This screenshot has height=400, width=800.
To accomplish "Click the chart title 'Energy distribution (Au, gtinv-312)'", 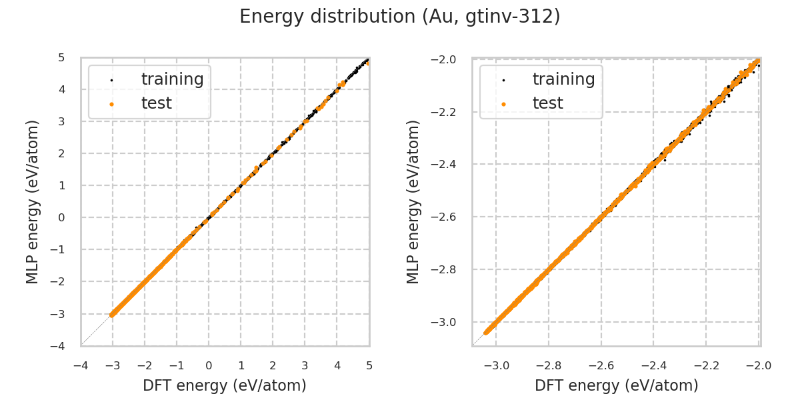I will tap(400, 17).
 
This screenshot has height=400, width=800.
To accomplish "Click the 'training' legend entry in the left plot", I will tap(172, 79).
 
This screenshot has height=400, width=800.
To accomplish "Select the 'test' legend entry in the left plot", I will tap(157, 103).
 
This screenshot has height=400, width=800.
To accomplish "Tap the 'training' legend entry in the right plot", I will tap(563, 79).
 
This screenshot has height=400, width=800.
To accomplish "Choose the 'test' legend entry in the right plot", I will tap(548, 103).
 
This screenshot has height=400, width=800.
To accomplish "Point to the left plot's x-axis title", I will tap(225, 385).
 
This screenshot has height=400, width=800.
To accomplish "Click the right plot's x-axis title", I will tap(617, 385).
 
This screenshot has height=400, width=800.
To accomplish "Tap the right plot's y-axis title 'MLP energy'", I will tap(413, 201).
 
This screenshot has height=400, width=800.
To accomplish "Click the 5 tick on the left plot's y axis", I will tap(61, 57).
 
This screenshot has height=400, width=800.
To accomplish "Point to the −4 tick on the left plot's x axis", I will tap(81, 365).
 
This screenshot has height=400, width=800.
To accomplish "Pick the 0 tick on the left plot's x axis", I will tap(209, 365).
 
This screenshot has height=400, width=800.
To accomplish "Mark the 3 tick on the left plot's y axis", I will tap(61, 121).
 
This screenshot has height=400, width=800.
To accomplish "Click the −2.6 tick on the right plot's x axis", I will tap(601, 365).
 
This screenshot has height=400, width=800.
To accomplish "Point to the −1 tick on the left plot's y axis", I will tap(59, 249).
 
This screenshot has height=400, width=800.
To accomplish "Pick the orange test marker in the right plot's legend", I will tap(503, 104).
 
